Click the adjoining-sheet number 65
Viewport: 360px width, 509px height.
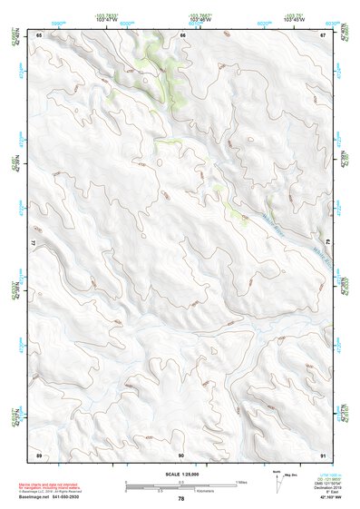[39, 34]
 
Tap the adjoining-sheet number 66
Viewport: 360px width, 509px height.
[182, 34]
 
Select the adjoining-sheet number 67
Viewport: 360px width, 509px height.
[324, 34]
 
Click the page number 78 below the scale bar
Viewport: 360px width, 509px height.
[181, 500]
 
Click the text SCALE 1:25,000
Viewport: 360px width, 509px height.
[181, 474]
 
